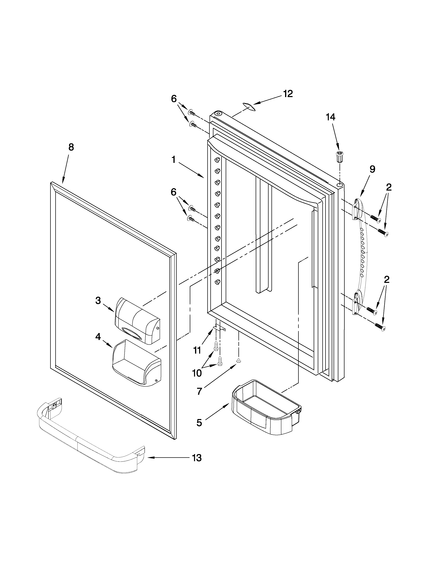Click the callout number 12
[x=288, y=94]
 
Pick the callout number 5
[x=199, y=423]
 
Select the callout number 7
[x=199, y=391]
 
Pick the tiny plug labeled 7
[x=239, y=361]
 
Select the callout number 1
[x=174, y=160]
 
